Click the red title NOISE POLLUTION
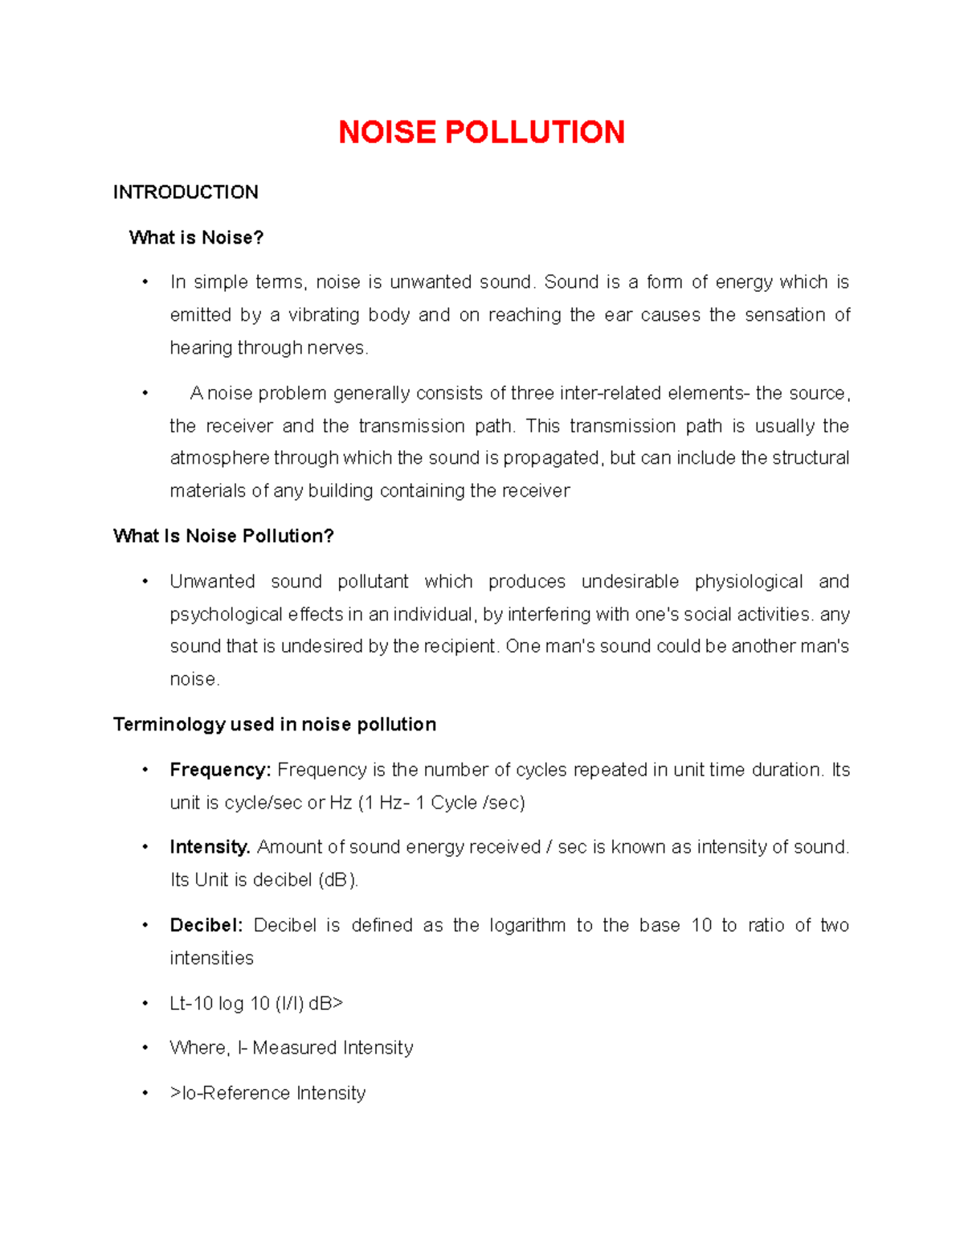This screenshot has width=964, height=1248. (x=481, y=133)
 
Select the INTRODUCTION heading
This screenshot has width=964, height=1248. (x=186, y=192)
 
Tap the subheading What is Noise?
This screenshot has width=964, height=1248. (x=196, y=238)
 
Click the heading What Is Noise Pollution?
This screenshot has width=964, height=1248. (x=223, y=536)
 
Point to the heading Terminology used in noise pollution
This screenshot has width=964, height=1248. (x=275, y=725)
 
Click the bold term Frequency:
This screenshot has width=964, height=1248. (x=220, y=770)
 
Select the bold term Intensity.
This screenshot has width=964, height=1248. (x=210, y=847)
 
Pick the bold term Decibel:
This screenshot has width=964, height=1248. (x=206, y=925)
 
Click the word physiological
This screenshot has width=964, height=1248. (x=748, y=582)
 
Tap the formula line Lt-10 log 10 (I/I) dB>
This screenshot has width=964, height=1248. (x=256, y=1003)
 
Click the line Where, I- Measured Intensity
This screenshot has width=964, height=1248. (x=291, y=1048)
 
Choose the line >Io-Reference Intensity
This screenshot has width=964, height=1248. (x=268, y=1093)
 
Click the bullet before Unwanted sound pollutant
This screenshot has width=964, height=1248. (x=145, y=582)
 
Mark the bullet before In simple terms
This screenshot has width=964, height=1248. (x=145, y=282)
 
